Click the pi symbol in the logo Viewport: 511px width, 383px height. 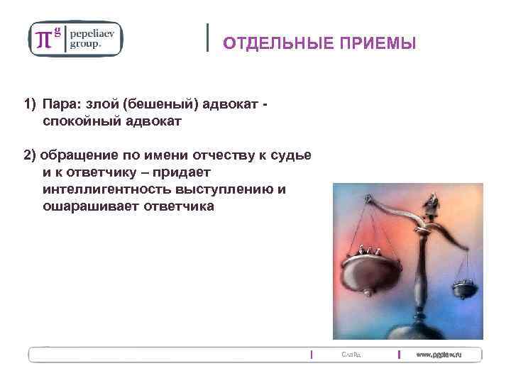(44, 38)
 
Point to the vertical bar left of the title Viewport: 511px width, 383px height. (207, 37)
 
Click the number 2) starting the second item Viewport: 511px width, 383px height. (31, 155)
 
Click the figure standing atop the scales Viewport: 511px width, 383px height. (429, 206)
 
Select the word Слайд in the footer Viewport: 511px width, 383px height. (351, 354)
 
